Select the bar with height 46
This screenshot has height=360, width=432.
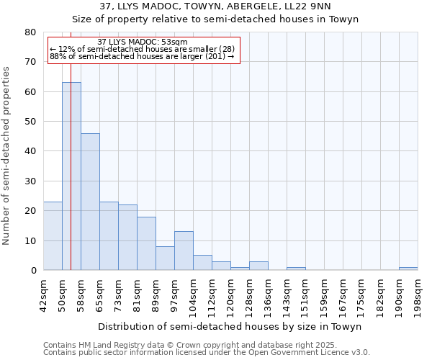pos(90,202)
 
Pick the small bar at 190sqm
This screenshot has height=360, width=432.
pos(408,269)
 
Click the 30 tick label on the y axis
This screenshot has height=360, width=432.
pos(30,181)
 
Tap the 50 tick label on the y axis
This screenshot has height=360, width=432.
pos(30,122)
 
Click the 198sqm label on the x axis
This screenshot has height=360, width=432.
pos(418,294)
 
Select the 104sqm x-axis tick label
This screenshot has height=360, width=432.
pos(193,294)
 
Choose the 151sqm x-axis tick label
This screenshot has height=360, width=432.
pos(305,294)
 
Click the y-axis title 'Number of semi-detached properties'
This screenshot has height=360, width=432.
pos(7,156)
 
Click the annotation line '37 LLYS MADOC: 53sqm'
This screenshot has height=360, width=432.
pos(143,42)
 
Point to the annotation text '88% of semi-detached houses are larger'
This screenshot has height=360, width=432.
pos(143,56)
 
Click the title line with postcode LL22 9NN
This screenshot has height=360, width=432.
pos(215,6)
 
